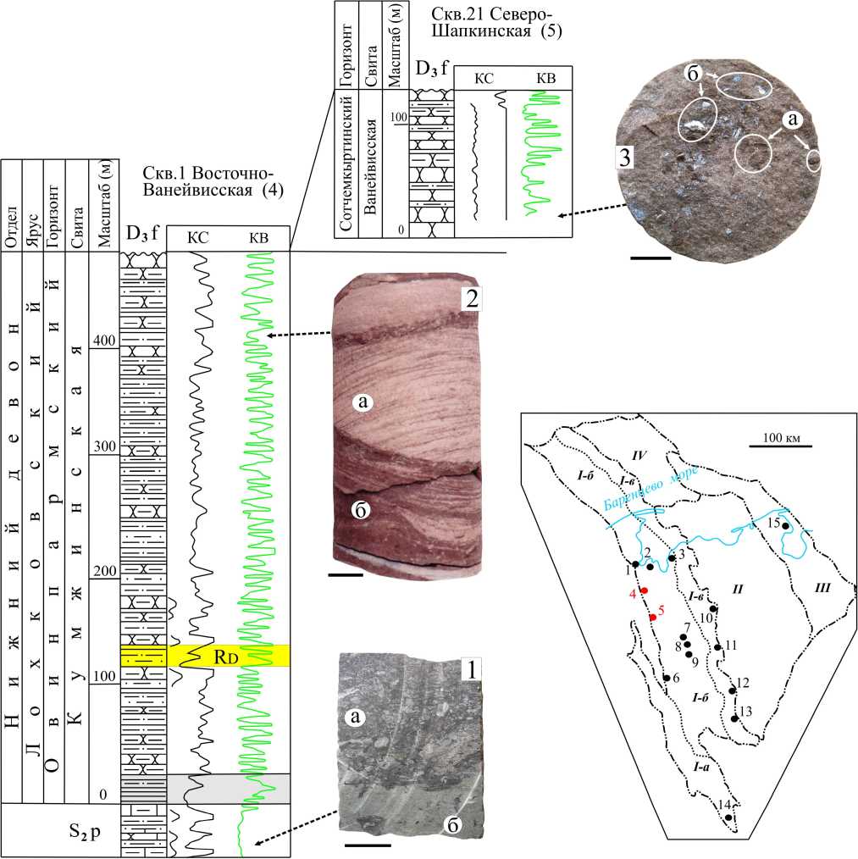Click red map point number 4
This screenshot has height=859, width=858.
645,590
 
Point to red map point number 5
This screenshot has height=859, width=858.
652,618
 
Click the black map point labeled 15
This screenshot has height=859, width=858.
786,526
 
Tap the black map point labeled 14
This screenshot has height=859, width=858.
728,817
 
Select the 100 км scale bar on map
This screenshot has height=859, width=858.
781,445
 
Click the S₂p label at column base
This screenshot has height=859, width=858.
60,829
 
